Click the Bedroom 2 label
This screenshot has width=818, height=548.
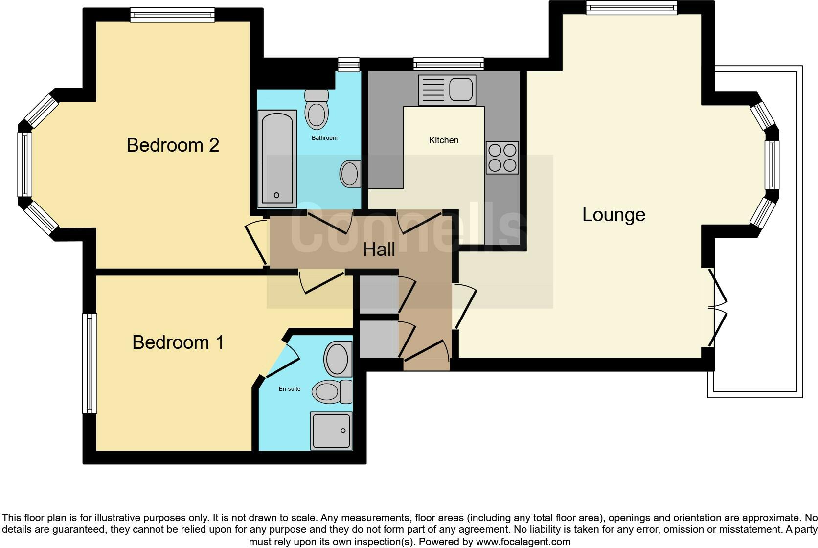tap(173, 145)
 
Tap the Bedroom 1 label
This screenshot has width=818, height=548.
tap(178, 342)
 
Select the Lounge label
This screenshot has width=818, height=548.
tap(613, 215)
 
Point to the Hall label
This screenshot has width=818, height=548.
tap(379, 250)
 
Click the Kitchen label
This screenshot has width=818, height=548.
tap(444, 140)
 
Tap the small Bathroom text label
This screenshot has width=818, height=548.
tap(324, 138)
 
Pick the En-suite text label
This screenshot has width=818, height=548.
tap(289, 389)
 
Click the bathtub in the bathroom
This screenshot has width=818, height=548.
tap(277, 158)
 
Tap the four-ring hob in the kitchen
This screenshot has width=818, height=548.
tap(502, 158)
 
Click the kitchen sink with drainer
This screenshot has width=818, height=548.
tap(447, 90)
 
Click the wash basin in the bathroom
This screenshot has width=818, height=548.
tap(350, 174)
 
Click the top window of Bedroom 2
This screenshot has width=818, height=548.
tap(172, 15)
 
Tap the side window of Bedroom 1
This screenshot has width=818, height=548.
tap(89, 363)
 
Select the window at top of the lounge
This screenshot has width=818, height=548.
tap(631, 7)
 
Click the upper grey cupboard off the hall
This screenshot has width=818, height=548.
tap(379, 294)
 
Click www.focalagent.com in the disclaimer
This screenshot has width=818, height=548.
tap(523, 542)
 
